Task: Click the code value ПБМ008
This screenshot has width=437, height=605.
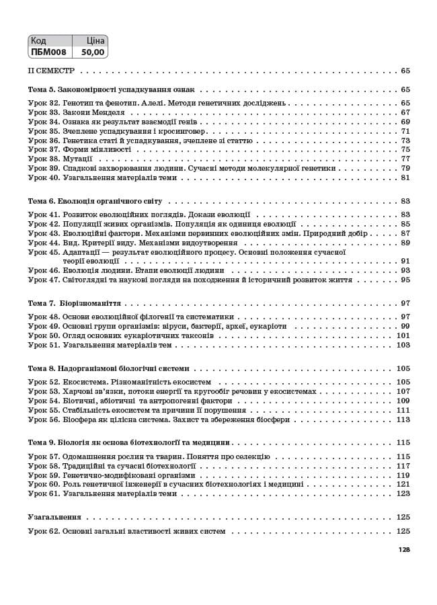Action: coord(48,50)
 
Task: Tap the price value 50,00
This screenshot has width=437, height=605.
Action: coord(92,50)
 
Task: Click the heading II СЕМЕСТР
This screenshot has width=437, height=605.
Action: coord(50,71)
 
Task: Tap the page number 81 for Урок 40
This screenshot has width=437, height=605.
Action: coord(405,178)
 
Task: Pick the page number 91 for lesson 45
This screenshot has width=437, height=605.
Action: coord(405,261)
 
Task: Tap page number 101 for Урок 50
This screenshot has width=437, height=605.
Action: coord(403,335)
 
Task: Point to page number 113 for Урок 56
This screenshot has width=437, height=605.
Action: coord(403,419)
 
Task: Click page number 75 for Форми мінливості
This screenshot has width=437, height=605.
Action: coord(405,150)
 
